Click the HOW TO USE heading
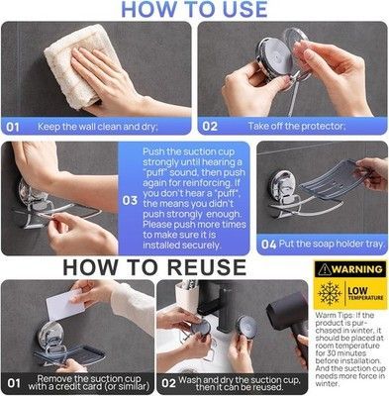(x=195, y=9)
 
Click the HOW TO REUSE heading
(x=154, y=267)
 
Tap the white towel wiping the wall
(x=79, y=66)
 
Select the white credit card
(x=65, y=306)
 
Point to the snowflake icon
(x=329, y=293)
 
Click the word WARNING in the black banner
(x=357, y=269)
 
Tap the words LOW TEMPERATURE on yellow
(x=365, y=293)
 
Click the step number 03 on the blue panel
(x=130, y=200)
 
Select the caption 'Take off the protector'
(x=297, y=126)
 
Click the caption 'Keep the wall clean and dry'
(x=98, y=127)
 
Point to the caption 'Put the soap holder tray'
(x=332, y=244)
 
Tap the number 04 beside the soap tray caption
(x=268, y=245)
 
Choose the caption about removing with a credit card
(x=88, y=382)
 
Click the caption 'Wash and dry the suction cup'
(x=240, y=383)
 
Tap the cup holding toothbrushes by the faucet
(x=187, y=294)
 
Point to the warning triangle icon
(x=325, y=269)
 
